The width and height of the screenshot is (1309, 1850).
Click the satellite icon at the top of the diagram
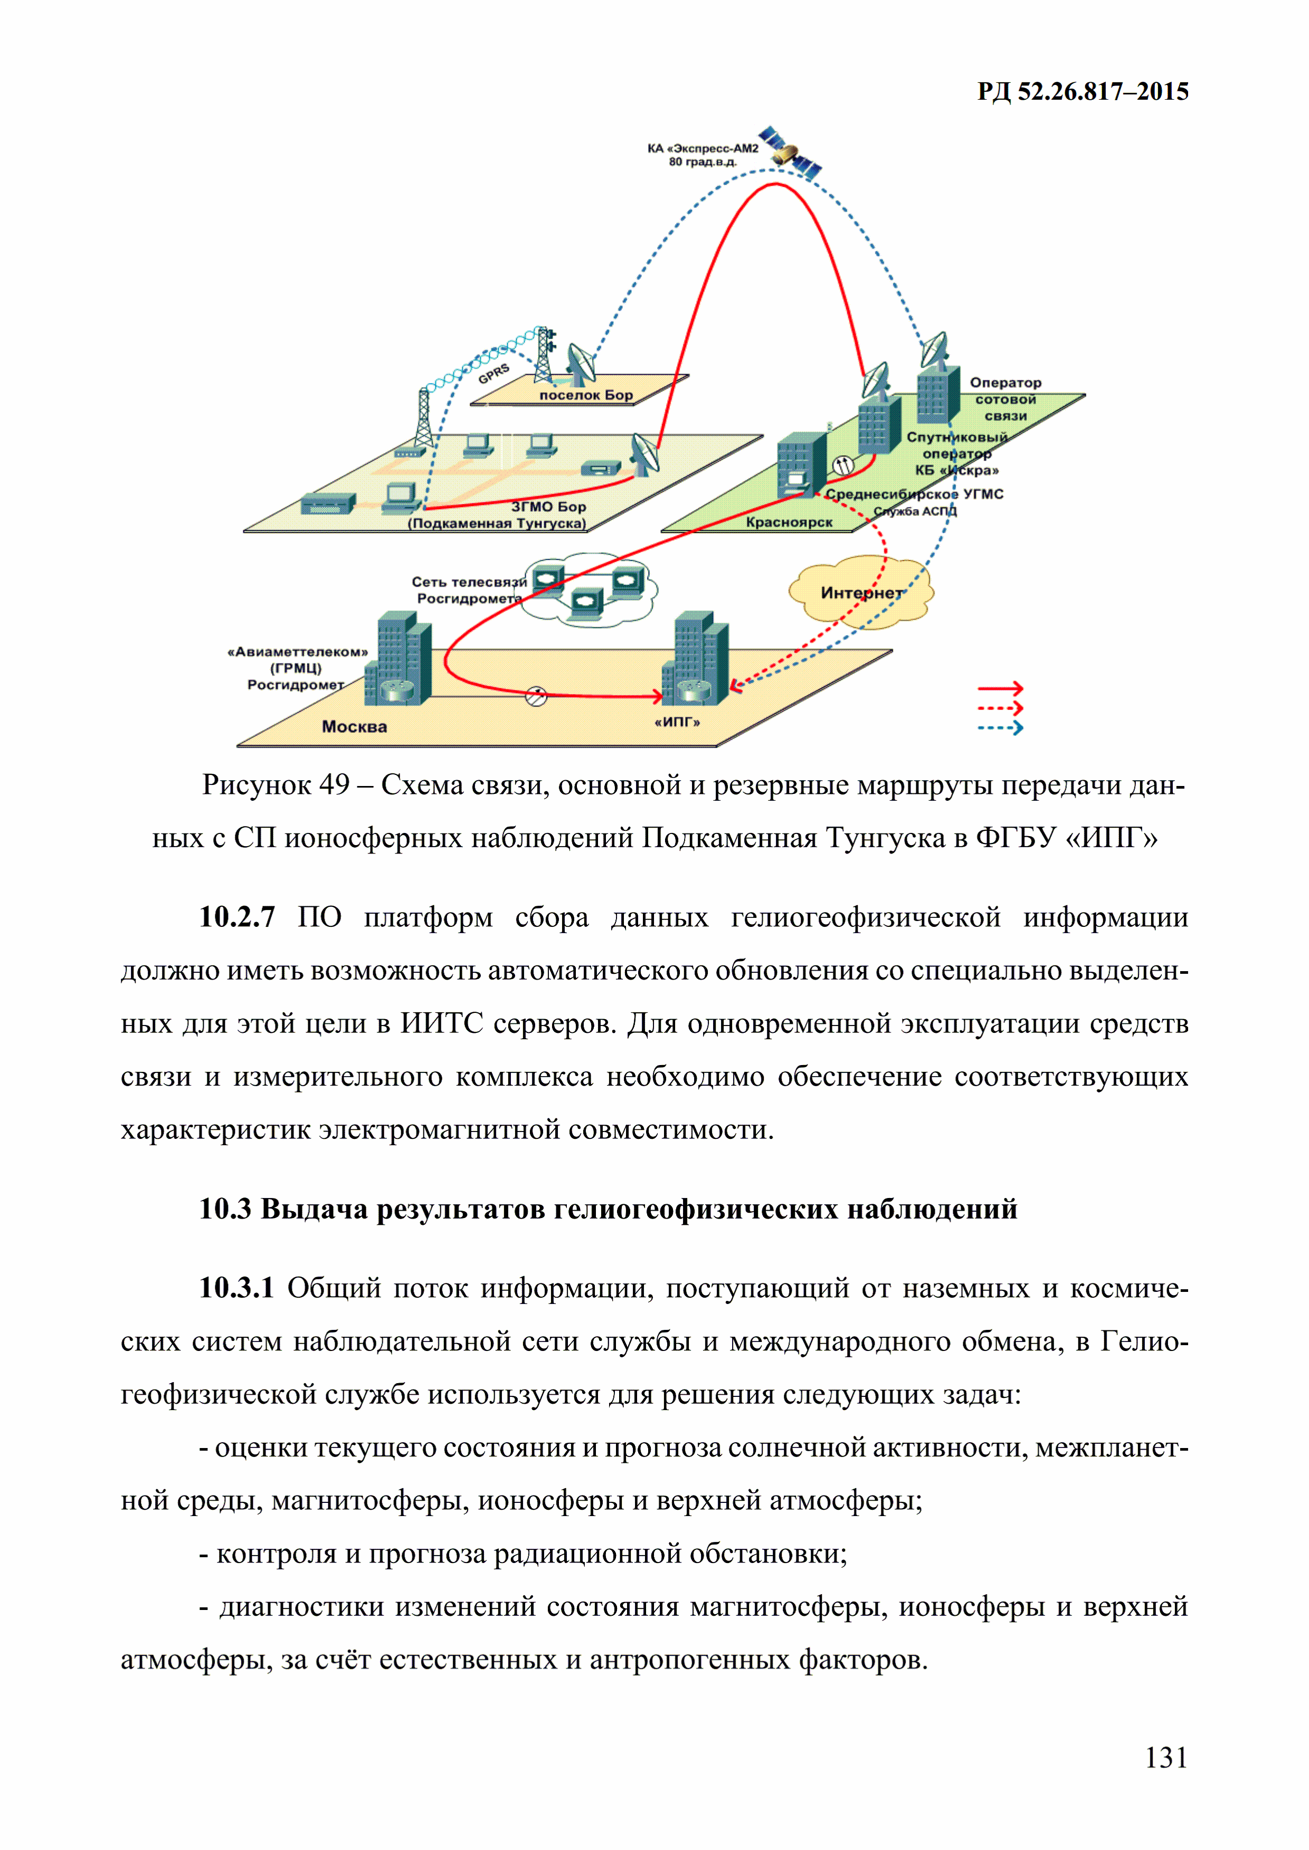coord(790,151)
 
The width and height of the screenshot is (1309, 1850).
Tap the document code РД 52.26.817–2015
coord(1083,92)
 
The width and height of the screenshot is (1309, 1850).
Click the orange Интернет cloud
coord(861,592)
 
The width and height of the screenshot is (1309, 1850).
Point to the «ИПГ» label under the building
coord(677,722)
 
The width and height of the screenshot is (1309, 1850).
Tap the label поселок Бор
coord(586,395)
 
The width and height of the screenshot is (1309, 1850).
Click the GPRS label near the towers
coord(494,373)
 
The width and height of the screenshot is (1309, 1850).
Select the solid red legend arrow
coord(1000,689)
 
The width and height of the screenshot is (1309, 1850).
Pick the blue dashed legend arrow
coord(1000,729)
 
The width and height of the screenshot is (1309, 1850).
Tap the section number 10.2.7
coord(237,917)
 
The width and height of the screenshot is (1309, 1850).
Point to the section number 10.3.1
coord(237,1288)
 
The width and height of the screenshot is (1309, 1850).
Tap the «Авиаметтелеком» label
coord(297,652)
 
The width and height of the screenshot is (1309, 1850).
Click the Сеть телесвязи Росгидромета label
coord(469,590)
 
